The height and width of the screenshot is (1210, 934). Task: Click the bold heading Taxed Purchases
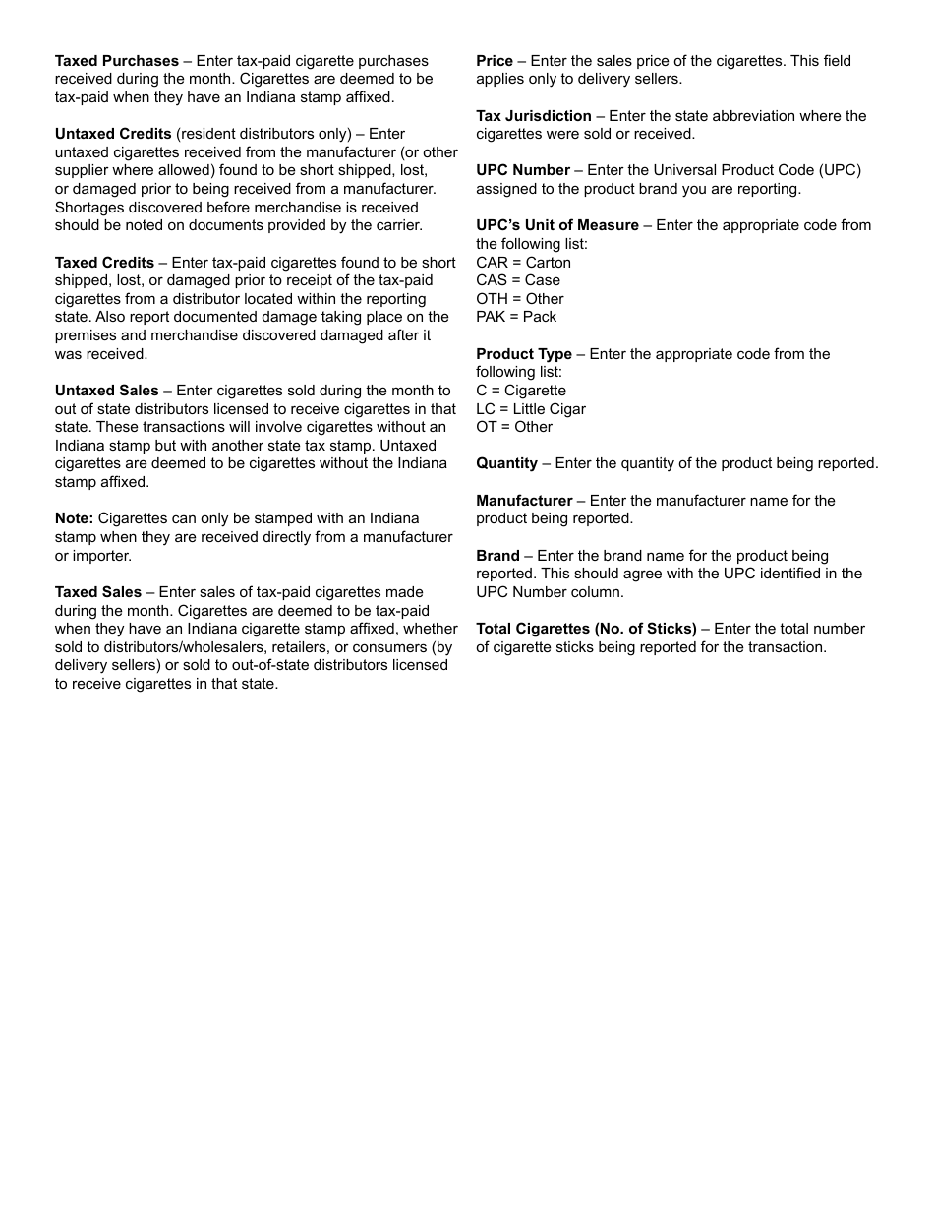tap(116, 61)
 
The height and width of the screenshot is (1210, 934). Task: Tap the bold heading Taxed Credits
tap(104, 263)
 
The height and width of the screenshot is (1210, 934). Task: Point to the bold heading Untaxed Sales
tap(106, 391)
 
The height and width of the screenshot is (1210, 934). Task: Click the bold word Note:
tap(74, 518)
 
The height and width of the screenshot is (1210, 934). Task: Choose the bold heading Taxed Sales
tap(98, 592)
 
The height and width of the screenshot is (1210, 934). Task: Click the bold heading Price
tap(495, 61)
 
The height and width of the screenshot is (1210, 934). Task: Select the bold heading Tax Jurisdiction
tap(534, 116)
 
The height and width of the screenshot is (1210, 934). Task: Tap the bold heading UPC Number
tap(523, 170)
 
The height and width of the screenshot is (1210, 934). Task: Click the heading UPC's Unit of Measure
tap(557, 225)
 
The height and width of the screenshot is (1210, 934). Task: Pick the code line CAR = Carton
tap(523, 263)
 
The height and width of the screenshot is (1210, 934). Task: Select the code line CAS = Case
tap(518, 280)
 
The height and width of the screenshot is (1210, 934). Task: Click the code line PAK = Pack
tap(516, 317)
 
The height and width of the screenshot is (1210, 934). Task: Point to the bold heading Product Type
tap(524, 354)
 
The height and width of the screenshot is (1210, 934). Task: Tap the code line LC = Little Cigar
tap(531, 409)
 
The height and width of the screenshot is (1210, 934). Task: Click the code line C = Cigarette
tap(521, 391)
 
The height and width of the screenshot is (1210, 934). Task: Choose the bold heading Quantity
tap(506, 463)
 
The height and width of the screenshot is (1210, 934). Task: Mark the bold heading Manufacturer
tap(524, 501)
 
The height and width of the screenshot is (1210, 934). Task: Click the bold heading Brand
tap(497, 556)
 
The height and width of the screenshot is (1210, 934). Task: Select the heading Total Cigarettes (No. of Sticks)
tap(586, 629)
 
